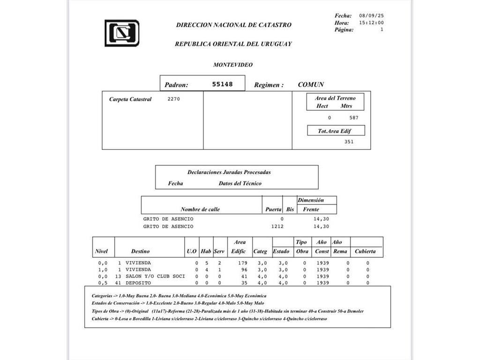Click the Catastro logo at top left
121,33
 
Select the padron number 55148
222,84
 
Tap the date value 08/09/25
372,15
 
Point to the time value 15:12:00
372,22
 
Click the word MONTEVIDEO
233,65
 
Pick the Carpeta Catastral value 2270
173,99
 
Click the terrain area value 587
354,118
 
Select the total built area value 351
349,142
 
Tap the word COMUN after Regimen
311,85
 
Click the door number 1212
277,226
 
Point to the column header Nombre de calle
200,209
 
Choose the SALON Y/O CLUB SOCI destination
155,276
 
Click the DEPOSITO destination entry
138,283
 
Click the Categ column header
260,252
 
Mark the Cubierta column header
365,252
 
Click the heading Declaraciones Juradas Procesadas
229,172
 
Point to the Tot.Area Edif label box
335,131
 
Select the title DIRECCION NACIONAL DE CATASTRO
233,25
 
